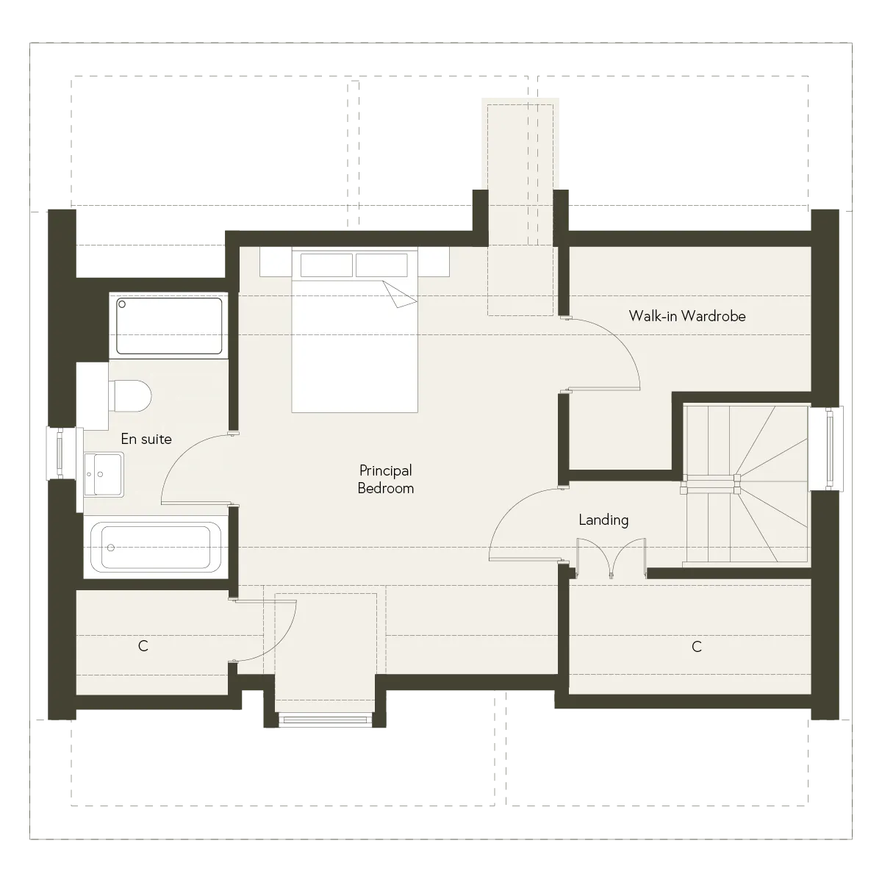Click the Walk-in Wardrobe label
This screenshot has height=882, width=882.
(x=686, y=316)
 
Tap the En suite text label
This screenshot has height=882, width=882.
(x=146, y=439)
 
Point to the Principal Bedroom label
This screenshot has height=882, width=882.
(x=385, y=479)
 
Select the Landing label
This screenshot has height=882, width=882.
(x=603, y=520)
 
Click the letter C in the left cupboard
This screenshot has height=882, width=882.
(x=143, y=646)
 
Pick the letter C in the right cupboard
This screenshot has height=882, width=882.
(x=696, y=646)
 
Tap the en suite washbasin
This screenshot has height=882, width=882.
(x=104, y=474)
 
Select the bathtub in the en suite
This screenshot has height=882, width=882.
(x=156, y=548)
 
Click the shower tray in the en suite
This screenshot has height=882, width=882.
(x=169, y=326)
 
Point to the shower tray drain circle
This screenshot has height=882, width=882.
(x=122, y=304)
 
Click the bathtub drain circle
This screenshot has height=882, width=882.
(x=111, y=548)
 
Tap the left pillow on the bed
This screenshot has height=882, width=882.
(x=326, y=265)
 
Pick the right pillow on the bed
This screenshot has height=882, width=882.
(x=381, y=265)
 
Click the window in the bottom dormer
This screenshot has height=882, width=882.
(x=325, y=720)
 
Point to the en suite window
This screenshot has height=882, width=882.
(x=59, y=453)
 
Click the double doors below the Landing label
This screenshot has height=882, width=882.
(x=611, y=558)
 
